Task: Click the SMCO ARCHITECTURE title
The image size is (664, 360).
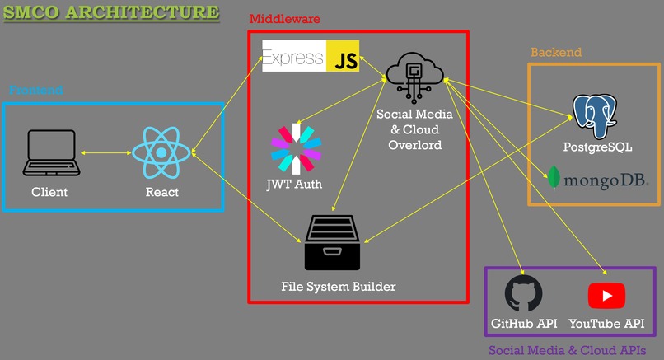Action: click(x=111, y=12)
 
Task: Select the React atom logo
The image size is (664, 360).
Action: click(x=161, y=153)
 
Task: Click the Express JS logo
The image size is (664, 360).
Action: click(x=311, y=56)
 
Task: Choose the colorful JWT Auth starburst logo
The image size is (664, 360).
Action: click(x=294, y=149)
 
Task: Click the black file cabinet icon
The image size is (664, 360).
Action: click(x=333, y=242)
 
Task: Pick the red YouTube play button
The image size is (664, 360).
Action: click(x=606, y=295)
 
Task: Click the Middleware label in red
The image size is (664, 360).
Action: click(x=284, y=19)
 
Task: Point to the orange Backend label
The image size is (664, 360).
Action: click(x=555, y=53)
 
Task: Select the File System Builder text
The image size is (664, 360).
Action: click(x=338, y=287)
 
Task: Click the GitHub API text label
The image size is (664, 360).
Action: click(x=524, y=324)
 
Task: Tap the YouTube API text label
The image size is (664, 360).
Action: click(x=606, y=324)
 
